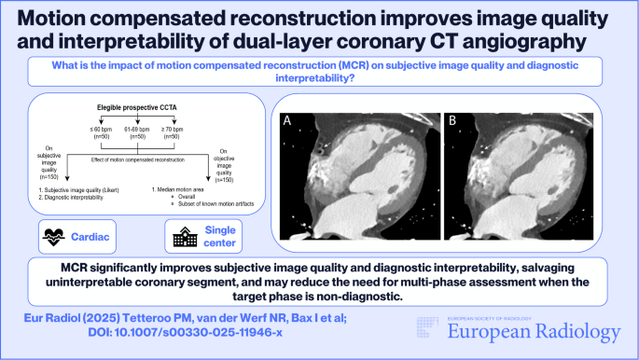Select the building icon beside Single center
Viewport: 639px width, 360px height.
[x=182, y=237]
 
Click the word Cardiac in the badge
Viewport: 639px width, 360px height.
[x=103, y=237]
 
